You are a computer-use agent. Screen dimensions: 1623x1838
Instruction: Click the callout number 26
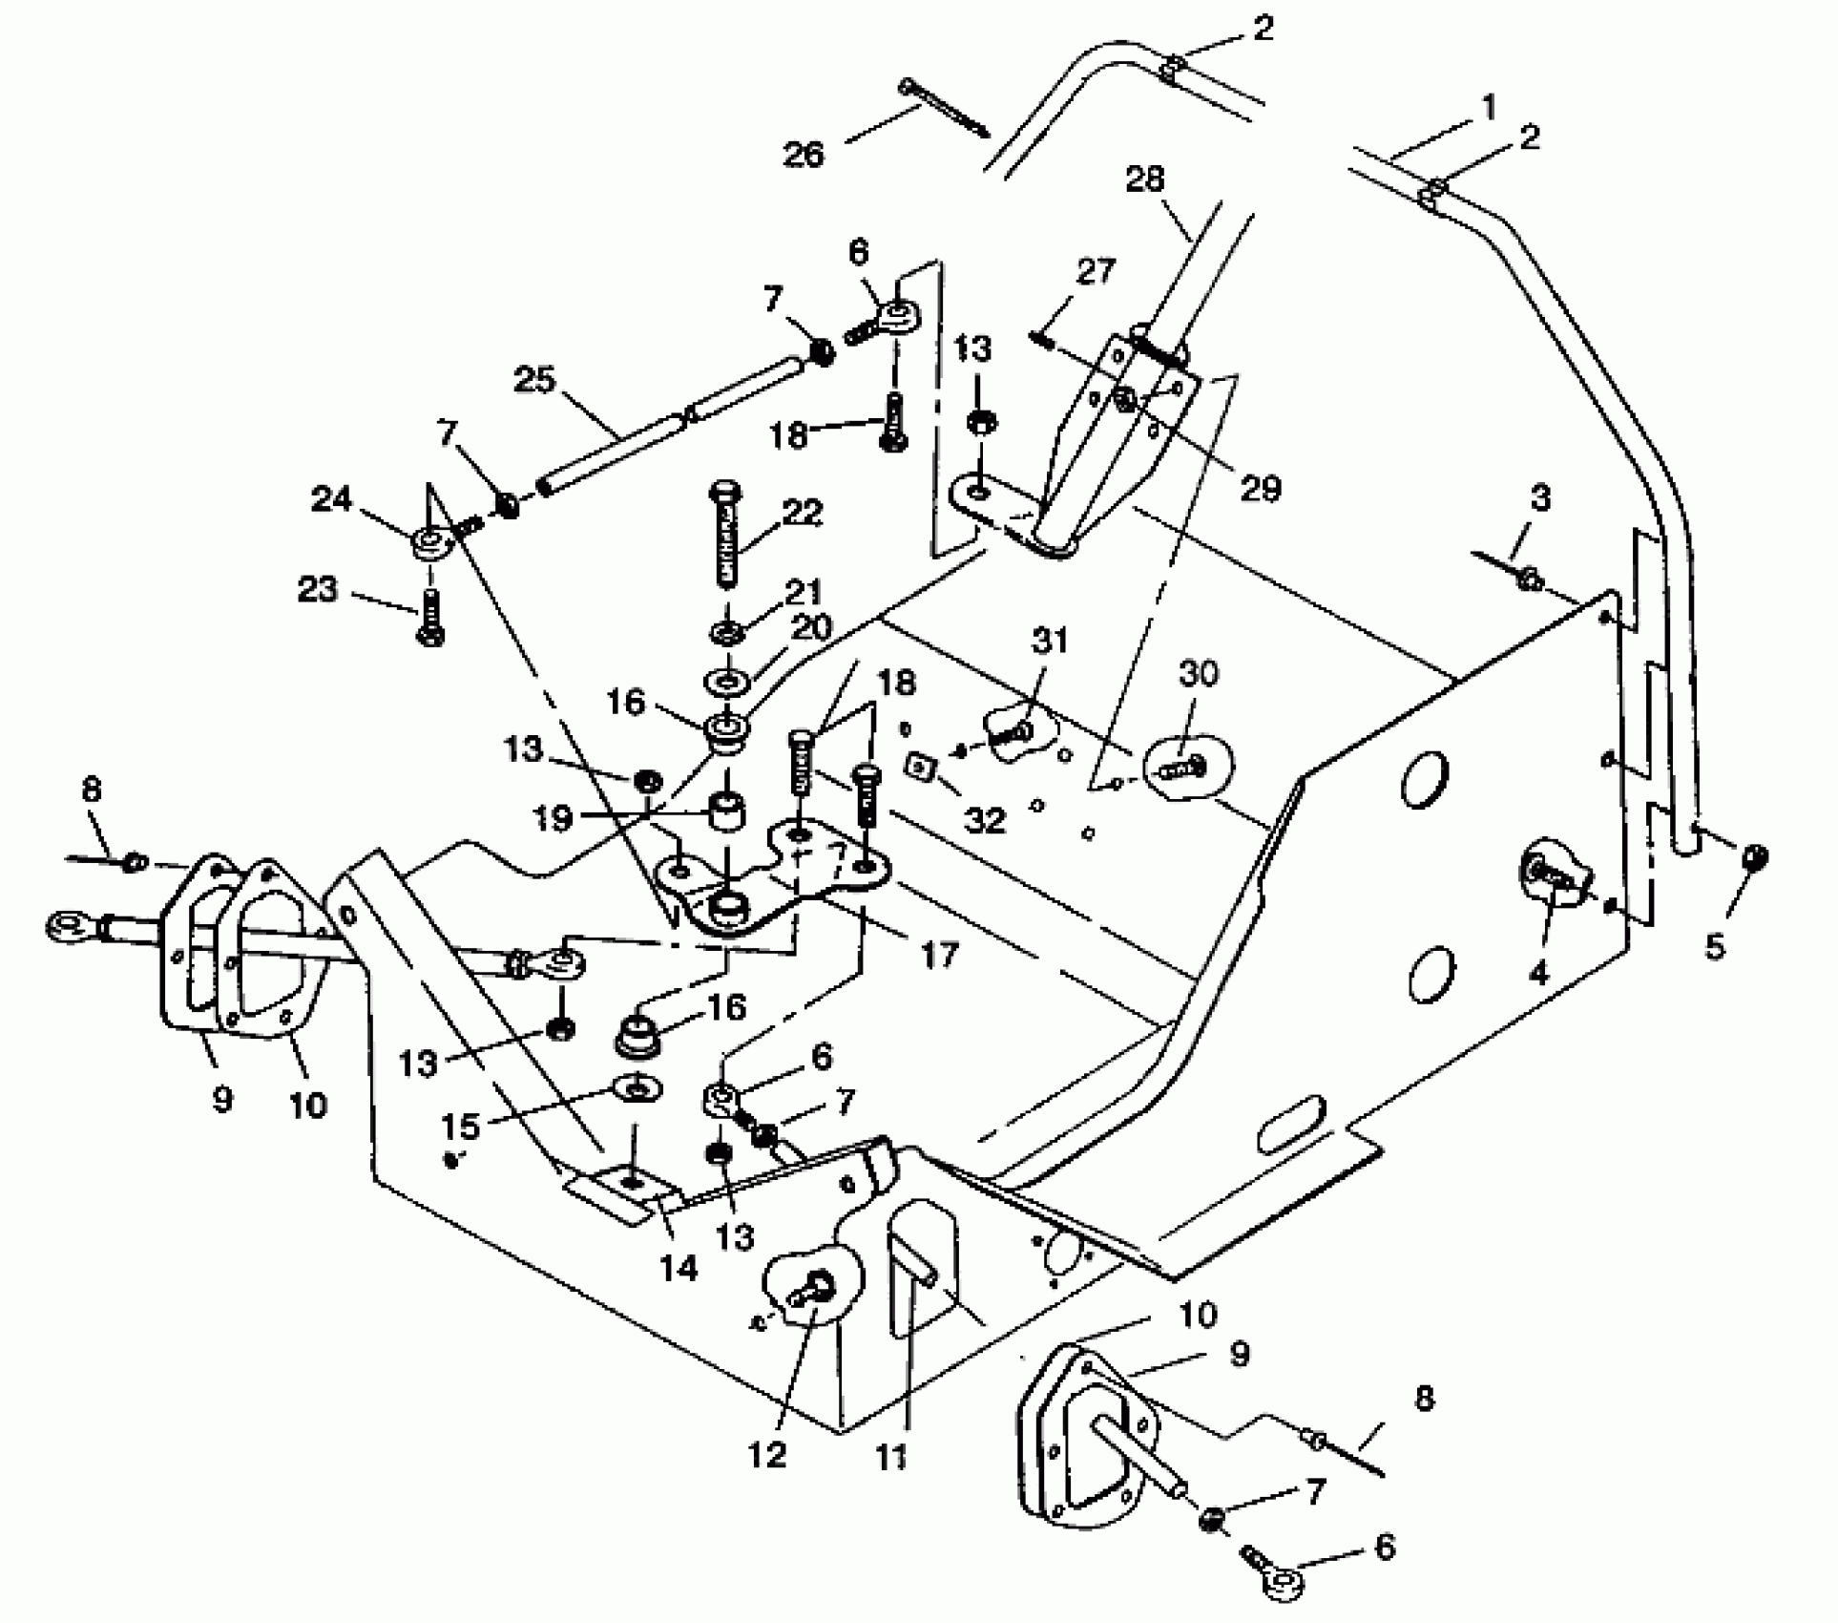coord(803,154)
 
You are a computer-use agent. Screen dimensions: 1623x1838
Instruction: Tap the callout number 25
coord(533,380)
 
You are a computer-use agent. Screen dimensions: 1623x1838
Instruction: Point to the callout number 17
coord(938,954)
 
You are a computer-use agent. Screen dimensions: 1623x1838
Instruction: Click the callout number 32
coord(985,819)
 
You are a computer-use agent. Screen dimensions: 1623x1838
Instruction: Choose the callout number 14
coord(678,1268)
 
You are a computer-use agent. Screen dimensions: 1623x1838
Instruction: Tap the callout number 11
coord(891,1457)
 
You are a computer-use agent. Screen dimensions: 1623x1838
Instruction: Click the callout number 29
coord(1259,489)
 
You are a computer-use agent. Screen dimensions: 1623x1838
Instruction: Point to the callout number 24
coord(331,498)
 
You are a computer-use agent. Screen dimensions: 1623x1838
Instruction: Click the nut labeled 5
coord(1755,856)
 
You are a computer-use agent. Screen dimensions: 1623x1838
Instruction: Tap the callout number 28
coord(1144,179)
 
